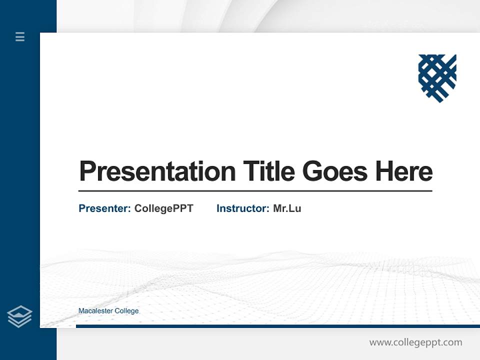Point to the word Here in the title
click(x=403, y=171)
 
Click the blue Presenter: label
click(x=104, y=208)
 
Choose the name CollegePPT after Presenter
click(x=163, y=208)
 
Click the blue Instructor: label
click(x=242, y=208)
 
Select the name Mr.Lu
click(x=287, y=208)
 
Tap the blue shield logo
click(x=437, y=78)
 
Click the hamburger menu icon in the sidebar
click(x=20, y=36)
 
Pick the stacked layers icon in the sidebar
click(x=19, y=316)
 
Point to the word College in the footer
click(x=127, y=311)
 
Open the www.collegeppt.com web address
click(x=415, y=342)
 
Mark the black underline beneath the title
click(x=255, y=191)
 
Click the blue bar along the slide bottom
click(x=277, y=326)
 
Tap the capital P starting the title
click(x=87, y=171)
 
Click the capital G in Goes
click(x=312, y=171)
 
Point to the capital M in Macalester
click(x=81, y=311)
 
